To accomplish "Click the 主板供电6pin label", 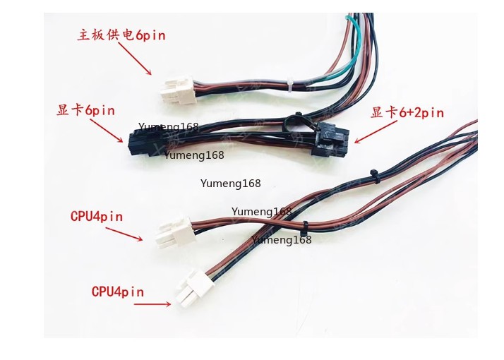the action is tap(121, 35).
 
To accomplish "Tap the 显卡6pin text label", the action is tap(85, 111).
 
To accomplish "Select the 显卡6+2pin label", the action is tap(407, 113).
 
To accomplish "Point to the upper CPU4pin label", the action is tap(97, 217).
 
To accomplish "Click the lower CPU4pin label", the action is tap(117, 292).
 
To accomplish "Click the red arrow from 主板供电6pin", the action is tap(135, 59).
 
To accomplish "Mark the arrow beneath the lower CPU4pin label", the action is tap(152, 304).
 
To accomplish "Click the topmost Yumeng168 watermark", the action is tap(168, 127).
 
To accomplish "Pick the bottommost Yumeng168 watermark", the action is tap(281, 240).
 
